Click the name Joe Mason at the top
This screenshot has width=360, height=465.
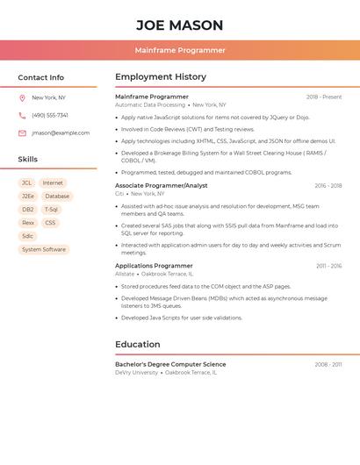point(180,25)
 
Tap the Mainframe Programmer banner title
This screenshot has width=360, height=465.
point(180,50)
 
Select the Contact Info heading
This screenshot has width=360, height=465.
point(40,77)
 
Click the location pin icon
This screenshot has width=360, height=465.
point(22,98)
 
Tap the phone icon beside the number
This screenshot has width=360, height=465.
point(22,116)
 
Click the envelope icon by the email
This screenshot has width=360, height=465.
point(22,133)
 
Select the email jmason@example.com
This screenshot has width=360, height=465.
point(61,133)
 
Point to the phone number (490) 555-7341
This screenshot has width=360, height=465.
point(50,116)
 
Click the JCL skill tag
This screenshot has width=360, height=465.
point(27,183)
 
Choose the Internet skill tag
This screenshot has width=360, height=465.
point(53,183)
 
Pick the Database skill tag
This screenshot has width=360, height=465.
point(57,197)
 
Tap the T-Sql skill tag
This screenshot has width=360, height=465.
point(51,210)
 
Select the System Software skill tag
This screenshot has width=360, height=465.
point(44,249)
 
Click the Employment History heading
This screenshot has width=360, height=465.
point(161,77)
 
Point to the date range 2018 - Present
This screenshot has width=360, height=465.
point(324,97)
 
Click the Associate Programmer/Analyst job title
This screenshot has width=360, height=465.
point(162,186)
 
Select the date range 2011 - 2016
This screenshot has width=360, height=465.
point(329,266)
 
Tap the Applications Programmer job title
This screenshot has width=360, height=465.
point(154,266)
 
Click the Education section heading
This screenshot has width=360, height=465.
point(139,345)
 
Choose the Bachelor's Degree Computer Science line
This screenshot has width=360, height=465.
point(170,364)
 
